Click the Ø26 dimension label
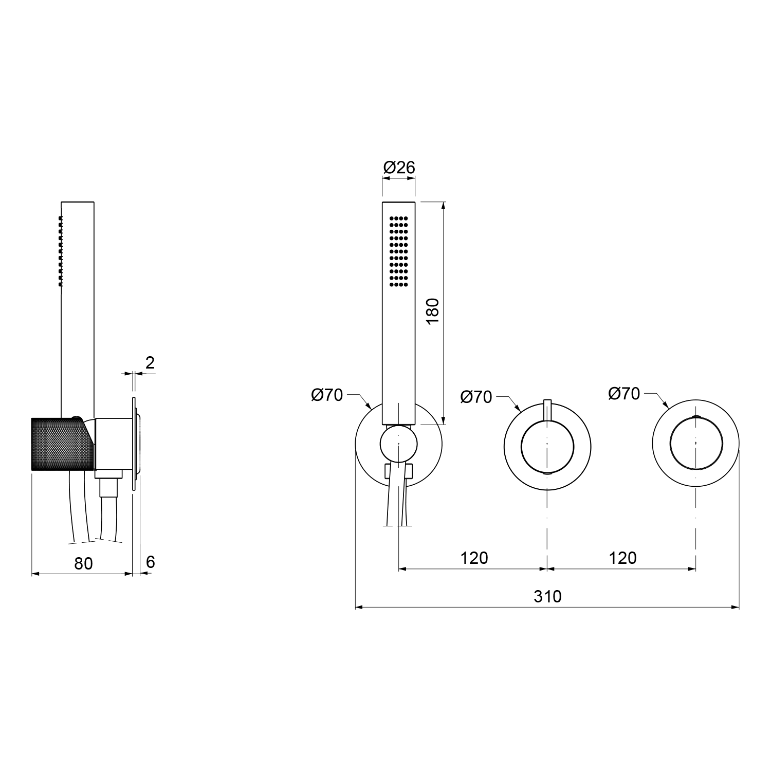399,167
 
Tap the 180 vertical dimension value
433,310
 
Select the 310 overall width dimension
547,596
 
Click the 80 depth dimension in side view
83,563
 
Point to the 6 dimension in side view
150,562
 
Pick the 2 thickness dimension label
150,363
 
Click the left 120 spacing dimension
474,558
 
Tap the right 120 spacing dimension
622,558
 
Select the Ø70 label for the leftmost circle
327,395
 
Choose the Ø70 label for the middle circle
476,397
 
